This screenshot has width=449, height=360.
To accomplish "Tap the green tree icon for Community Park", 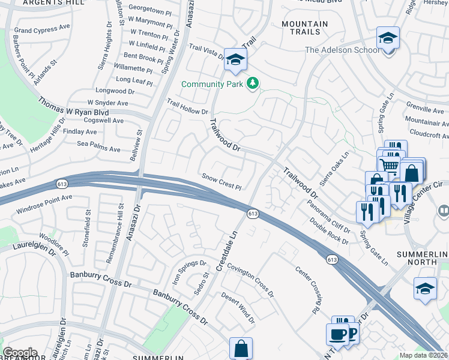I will coord(253,83).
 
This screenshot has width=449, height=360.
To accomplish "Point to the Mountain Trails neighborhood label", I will coord(305,28).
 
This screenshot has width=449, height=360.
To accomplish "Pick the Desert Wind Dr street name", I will coord(238,305).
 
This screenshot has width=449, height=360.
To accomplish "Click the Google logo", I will coord(20,353).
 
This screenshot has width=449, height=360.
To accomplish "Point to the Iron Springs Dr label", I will coord(185,271).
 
